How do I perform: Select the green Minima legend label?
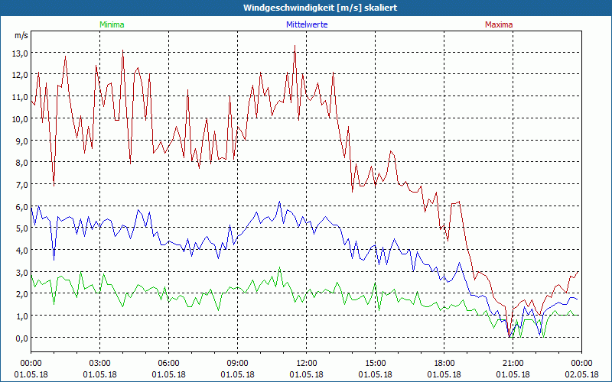pyautogui.click(x=112, y=24)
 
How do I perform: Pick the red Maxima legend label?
pyautogui.click(x=499, y=24)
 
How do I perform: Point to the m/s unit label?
pyautogui.click(x=21, y=35)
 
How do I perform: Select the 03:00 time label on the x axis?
pyautogui.click(x=100, y=363)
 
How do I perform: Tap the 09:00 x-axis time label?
pyautogui.click(x=238, y=363)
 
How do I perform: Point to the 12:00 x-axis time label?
pyautogui.click(x=307, y=363)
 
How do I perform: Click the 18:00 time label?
pyautogui.click(x=444, y=363)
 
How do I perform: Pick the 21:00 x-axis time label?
pyautogui.click(x=513, y=363)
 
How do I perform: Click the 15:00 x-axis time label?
pyautogui.click(x=376, y=363)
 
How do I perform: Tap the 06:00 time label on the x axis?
pyautogui.click(x=169, y=363)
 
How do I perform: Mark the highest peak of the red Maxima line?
pyautogui.click(x=295, y=46)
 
